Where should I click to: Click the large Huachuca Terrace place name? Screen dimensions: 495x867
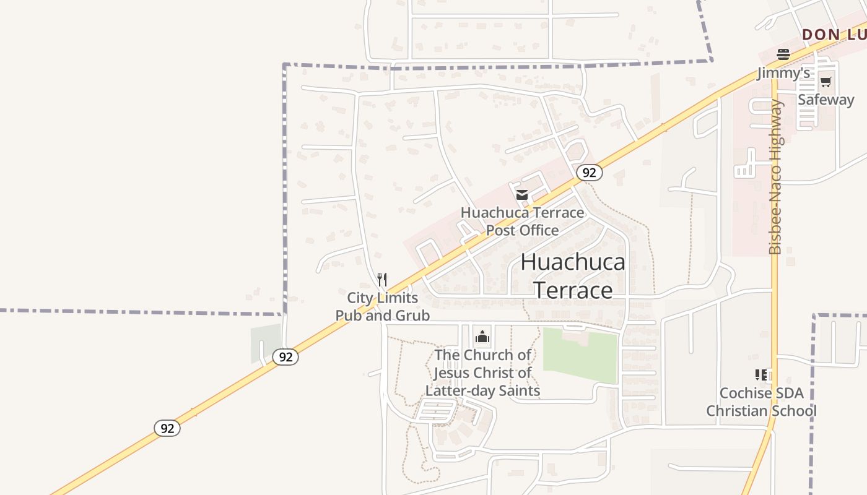coord(573,276)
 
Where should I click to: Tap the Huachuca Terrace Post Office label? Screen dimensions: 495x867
coord(522,222)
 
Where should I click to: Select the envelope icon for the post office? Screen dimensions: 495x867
coord(522,195)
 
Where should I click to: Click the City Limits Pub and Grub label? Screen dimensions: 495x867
coord(383,307)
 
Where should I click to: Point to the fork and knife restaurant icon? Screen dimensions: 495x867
coord(382,280)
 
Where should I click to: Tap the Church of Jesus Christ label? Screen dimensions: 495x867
coord(482,372)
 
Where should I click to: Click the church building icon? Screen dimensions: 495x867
coord(482,337)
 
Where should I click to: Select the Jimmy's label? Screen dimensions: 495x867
coord(783,73)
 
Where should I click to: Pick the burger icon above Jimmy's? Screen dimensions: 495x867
coord(783,54)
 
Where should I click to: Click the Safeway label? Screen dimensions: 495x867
coord(826,100)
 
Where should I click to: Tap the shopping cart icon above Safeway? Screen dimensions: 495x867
coord(826,82)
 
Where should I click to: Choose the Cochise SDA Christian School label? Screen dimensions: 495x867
coord(761,402)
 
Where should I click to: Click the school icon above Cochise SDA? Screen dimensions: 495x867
coord(761,374)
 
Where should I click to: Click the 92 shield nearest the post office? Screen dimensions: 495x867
coord(589,173)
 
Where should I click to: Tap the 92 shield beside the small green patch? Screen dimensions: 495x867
coord(285,357)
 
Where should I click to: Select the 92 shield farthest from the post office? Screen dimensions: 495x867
coord(167,428)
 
